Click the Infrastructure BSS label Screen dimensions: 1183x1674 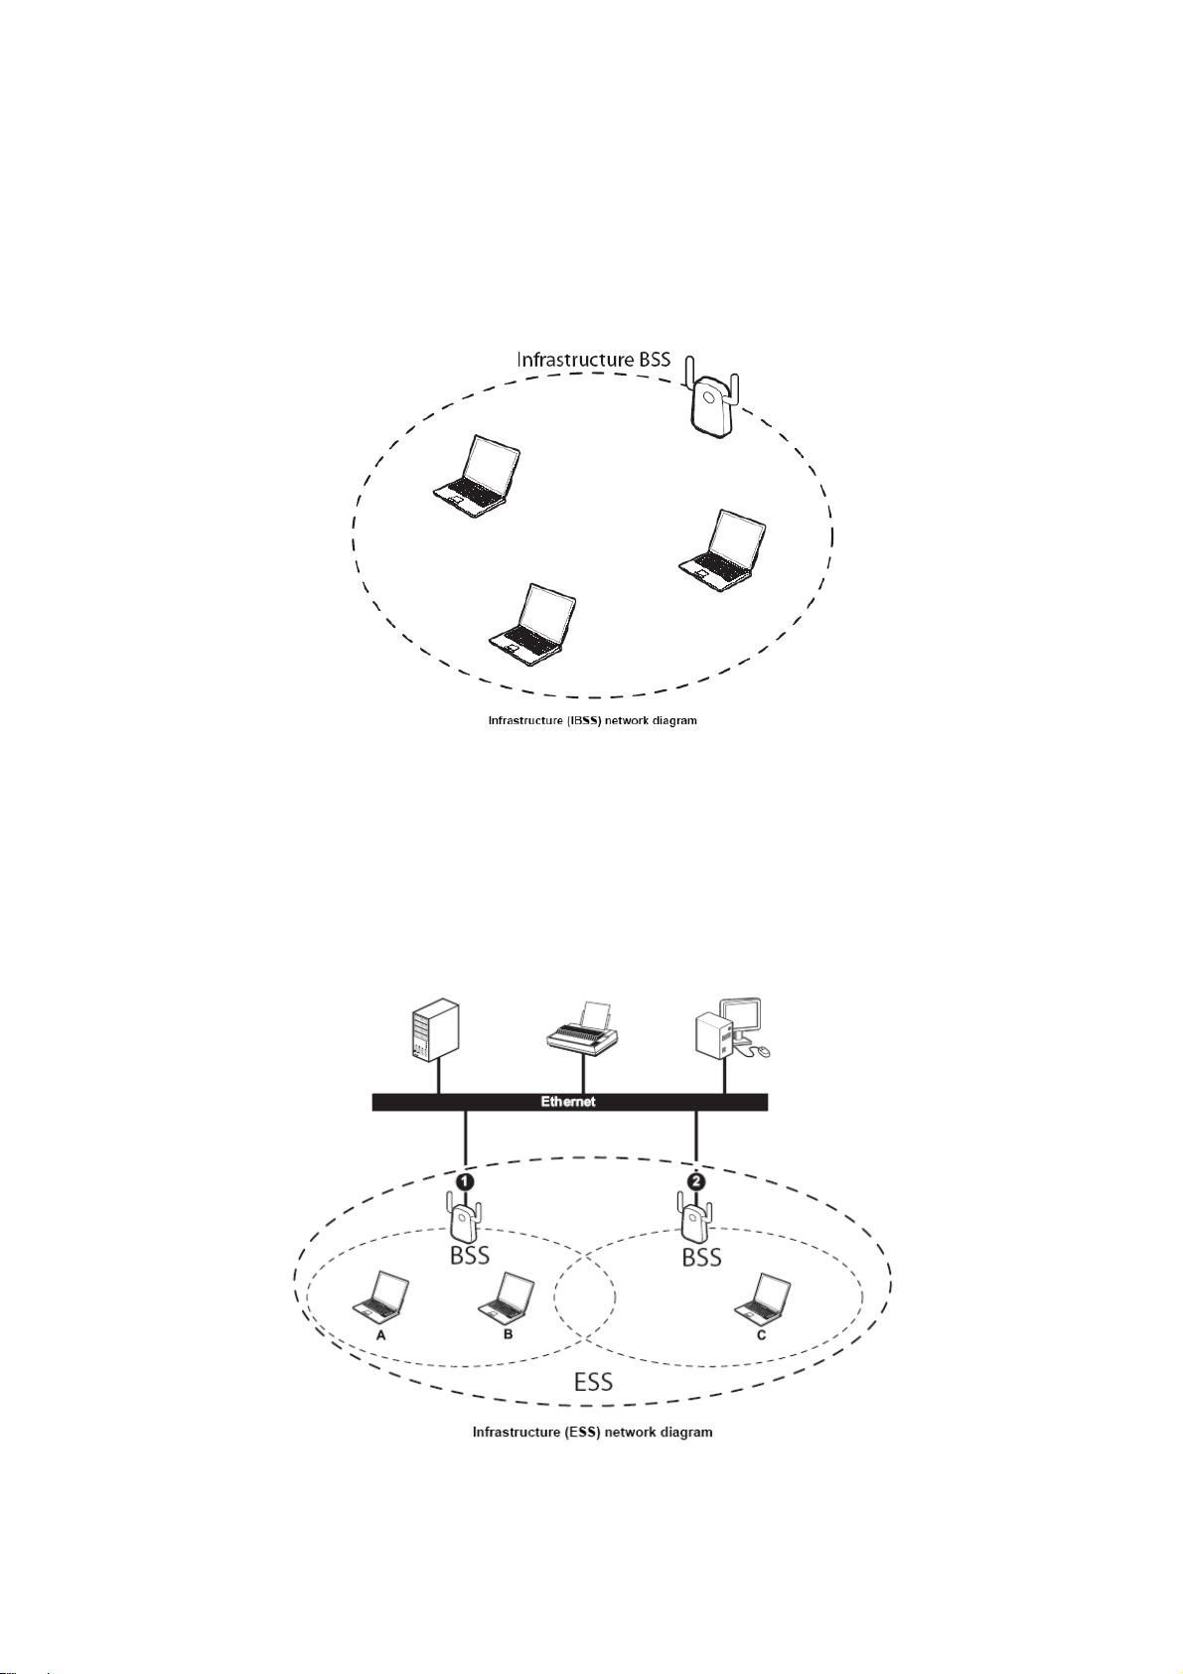point(593,359)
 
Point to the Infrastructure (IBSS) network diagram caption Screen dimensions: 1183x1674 point(592,720)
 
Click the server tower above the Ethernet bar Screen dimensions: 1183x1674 point(435,1032)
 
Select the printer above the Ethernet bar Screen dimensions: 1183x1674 point(584,1029)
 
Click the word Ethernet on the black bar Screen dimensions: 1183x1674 point(568,1102)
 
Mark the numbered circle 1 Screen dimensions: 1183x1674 point(464,1181)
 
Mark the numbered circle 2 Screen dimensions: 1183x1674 point(696,1181)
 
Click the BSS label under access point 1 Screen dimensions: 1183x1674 point(470,1256)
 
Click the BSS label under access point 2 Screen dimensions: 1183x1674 point(701,1257)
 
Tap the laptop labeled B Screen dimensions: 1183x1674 point(507,1297)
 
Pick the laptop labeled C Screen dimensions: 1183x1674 point(763,1298)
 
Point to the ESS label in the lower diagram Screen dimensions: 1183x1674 point(593,1381)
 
